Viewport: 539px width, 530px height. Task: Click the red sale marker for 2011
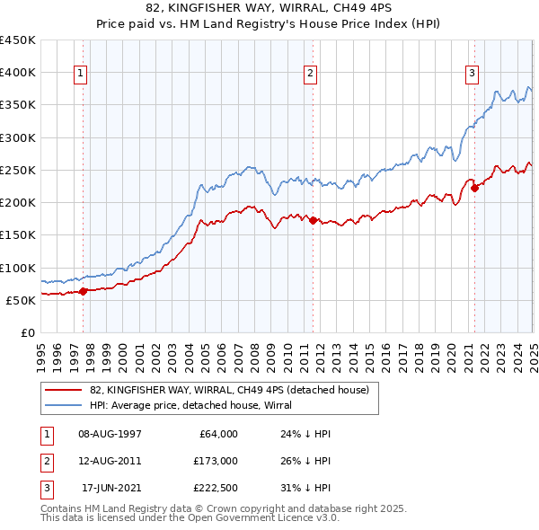coord(313,219)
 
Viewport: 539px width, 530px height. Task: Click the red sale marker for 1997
coord(83,290)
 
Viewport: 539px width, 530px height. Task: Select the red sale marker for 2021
coord(474,188)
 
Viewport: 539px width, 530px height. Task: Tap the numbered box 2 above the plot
coord(310,75)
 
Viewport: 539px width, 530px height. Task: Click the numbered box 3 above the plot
coord(472,75)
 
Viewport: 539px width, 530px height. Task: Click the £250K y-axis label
coord(18,170)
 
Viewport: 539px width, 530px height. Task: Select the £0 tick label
coord(29,332)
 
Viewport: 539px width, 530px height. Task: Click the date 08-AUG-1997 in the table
coord(110,434)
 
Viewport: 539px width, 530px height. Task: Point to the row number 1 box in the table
coord(44,434)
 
